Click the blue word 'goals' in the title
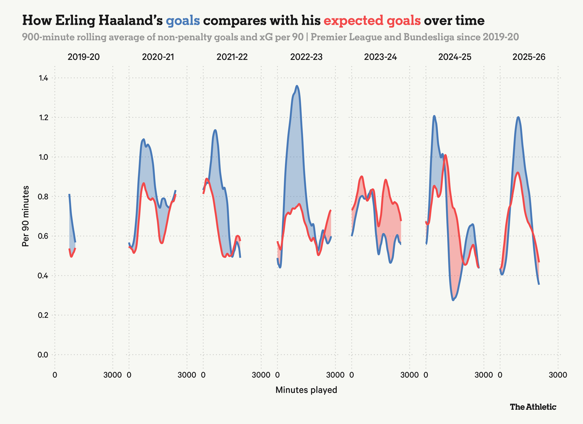(183, 21)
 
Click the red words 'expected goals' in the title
(372, 21)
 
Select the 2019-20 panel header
(83, 57)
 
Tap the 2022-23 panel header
(306, 57)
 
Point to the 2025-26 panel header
(529, 57)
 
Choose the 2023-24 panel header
(380, 57)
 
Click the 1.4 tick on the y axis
(43, 78)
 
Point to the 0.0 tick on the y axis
(43, 355)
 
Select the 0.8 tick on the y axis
(43, 197)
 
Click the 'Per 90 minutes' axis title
(26, 216)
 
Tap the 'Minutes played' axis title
(306, 390)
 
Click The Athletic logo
(533, 407)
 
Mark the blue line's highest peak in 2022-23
(297, 86)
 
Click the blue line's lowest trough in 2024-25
(453, 300)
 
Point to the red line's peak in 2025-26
(518, 172)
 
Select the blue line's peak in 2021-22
(215, 130)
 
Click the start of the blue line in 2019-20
(69, 195)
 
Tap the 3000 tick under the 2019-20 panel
(112, 375)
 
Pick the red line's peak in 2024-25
(445, 155)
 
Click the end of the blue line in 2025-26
(539, 284)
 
